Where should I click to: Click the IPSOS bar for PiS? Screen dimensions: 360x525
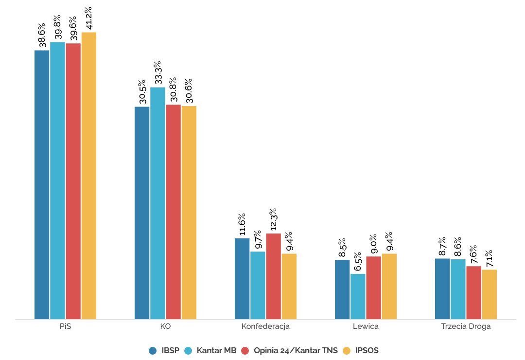(89, 175)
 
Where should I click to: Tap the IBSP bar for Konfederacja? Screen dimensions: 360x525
(242, 278)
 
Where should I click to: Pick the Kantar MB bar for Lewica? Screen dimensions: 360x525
(358, 296)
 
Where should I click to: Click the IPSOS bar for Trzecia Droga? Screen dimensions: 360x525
(490, 294)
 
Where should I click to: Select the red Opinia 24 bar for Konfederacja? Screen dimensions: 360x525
(273, 276)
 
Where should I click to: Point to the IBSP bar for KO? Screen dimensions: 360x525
(142, 213)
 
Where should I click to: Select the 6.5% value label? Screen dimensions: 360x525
(358, 262)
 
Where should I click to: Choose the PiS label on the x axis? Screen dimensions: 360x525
(65, 326)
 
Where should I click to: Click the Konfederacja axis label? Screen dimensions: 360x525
(265, 326)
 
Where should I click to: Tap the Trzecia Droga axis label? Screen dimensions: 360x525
(466, 326)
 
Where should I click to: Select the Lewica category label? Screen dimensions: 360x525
(366, 326)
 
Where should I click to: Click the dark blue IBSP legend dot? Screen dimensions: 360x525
(153, 350)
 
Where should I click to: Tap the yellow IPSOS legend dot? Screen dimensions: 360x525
(347, 350)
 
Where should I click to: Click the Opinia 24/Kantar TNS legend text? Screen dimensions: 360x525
(296, 350)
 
